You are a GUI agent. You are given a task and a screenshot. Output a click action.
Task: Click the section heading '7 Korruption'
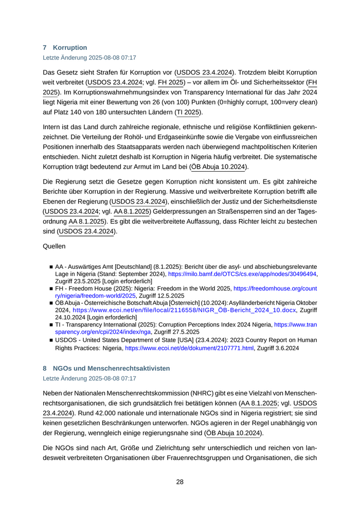click(x=65, y=47)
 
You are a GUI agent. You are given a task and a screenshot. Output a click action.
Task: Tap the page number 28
click(x=179, y=482)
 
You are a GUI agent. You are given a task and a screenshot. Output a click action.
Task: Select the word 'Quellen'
click(x=54, y=246)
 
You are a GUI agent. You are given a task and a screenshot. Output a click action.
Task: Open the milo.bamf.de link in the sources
click(x=242, y=274)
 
